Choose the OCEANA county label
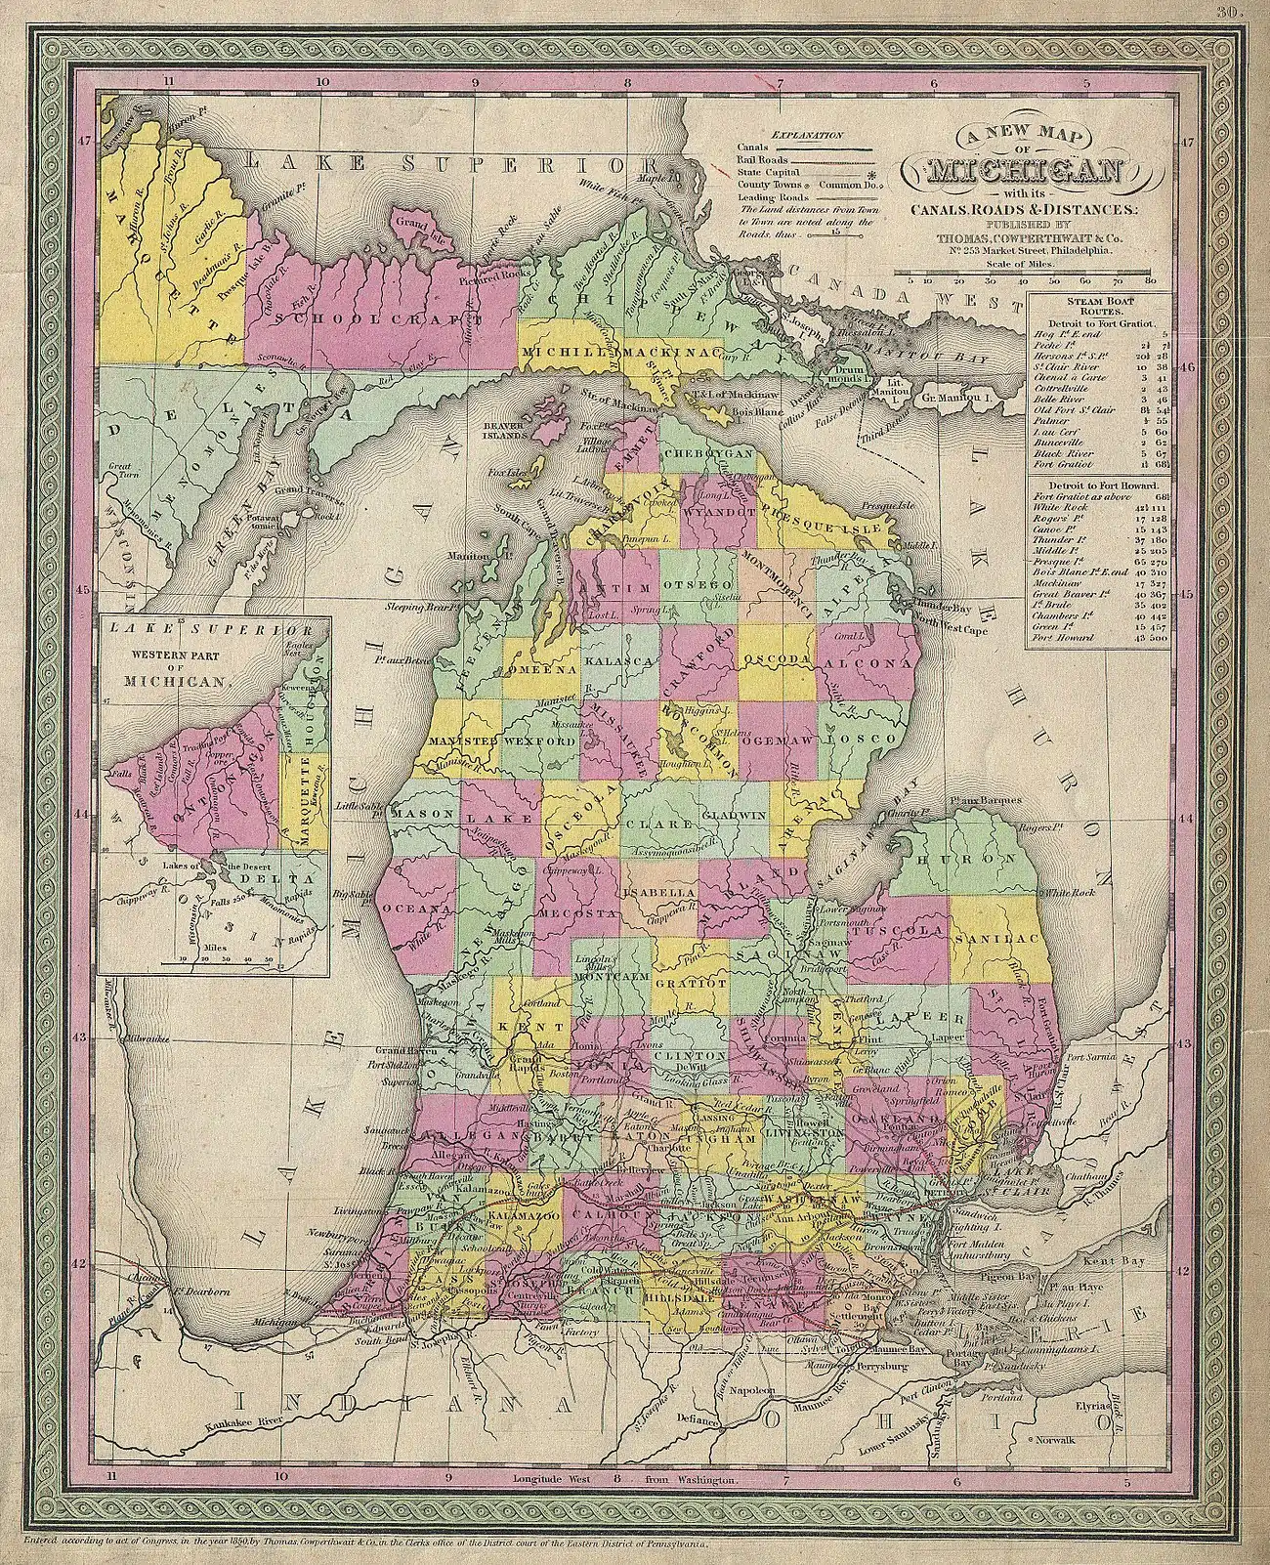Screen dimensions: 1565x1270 (422, 908)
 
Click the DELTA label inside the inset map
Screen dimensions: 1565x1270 (284, 877)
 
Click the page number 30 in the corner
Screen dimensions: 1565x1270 (1227, 12)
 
